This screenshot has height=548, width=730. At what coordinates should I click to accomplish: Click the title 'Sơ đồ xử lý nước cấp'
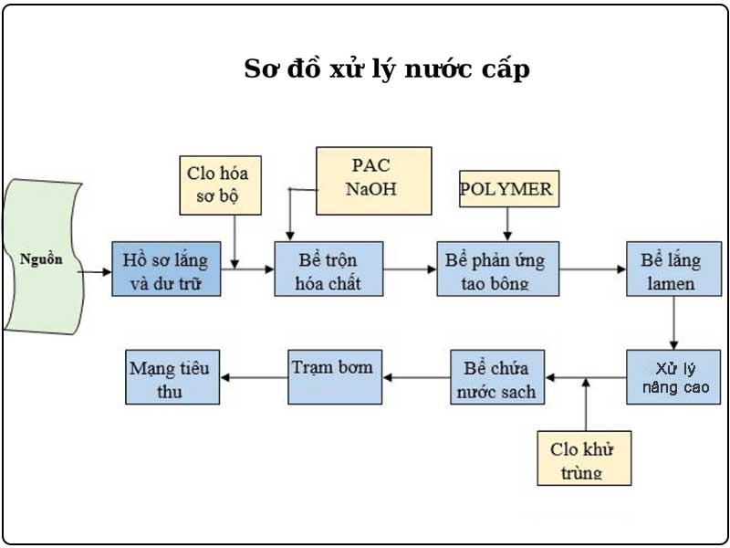pyautogui.click(x=387, y=69)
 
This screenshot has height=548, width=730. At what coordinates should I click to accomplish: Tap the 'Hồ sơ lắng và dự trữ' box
pyautogui.click(x=166, y=269)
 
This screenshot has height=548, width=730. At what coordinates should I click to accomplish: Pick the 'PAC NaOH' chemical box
pyautogui.click(x=373, y=180)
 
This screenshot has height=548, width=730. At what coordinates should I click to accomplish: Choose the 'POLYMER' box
pyautogui.click(x=507, y=189)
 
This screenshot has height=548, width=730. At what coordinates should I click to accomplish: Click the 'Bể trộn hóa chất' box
pyautogui.click(x=328, y=269)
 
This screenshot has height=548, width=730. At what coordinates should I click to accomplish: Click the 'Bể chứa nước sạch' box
pyautogui.click(x=498, y=378)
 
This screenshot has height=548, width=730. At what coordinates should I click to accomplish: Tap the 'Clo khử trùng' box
pyautogui.click(x=584, y=456)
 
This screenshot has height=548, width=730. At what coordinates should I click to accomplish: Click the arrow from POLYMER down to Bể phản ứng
pyautogui.click(x=507, y=224)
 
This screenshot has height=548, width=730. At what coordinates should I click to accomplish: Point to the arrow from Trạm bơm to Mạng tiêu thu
pyautogui.click(x=255, y=377)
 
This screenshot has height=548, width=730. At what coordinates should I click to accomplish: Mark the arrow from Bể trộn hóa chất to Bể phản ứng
pyautogui.click(x=410, y=269)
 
